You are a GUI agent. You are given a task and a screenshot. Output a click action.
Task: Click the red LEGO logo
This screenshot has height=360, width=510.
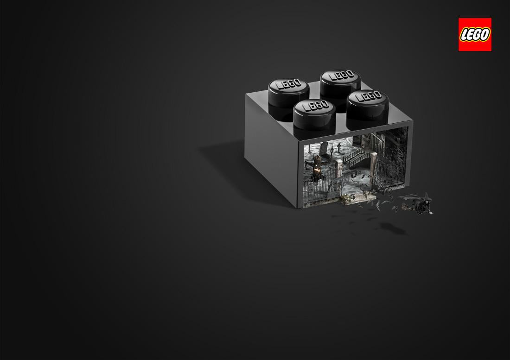[475, 34]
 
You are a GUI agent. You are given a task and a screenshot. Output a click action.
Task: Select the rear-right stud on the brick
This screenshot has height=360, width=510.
[341, 84]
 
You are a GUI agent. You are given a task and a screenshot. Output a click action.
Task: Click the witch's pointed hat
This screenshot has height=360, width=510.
[427, 196]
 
